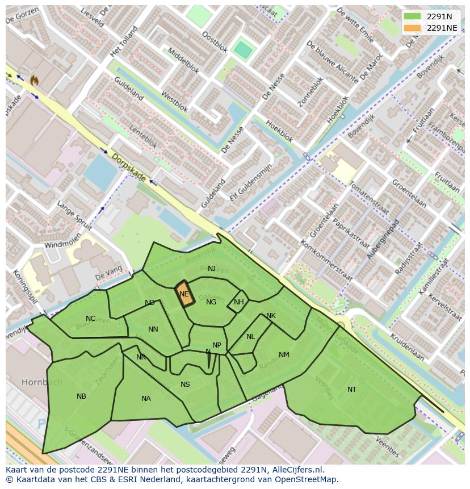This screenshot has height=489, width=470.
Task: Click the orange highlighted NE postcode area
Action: (x=184, y=294)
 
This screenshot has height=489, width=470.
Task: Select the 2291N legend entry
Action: (x=439, y=16)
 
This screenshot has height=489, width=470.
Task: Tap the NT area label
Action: (x=352, y=390)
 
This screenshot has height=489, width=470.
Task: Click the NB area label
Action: (x=81, y=396)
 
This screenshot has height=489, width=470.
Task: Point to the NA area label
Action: (x=146, y=399)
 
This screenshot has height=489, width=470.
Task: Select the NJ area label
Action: (x=212, y=269)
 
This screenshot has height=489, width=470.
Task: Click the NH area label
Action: (x=238, y=302)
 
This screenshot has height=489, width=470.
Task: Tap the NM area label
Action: (x=284, y=355)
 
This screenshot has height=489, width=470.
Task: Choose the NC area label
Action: (x=90, y=319)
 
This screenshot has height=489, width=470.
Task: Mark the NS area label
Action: (x=185, y=384)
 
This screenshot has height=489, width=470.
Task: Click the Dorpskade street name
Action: (x=129, y=168)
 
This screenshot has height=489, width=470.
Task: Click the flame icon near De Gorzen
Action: (x=35, y=81)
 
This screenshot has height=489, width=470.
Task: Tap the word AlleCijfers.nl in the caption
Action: (x=298, y=470)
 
